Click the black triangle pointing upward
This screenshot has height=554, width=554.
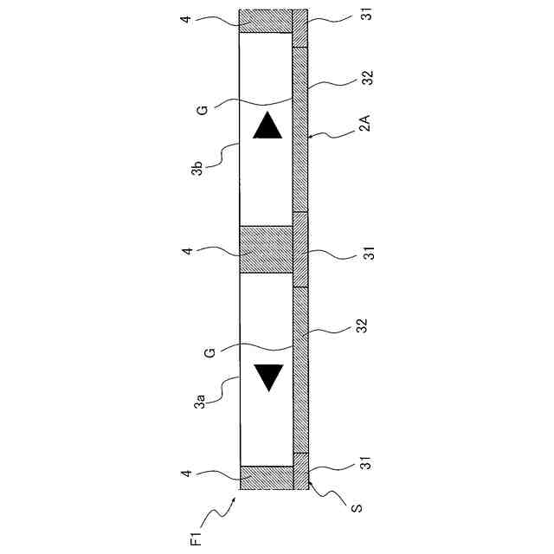(x=267, y=127)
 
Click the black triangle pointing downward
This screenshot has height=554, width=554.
(x=269, y=377)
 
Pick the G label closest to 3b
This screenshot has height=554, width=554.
(x=201, y=112)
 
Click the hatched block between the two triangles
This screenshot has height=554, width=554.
(x=266, y=249)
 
